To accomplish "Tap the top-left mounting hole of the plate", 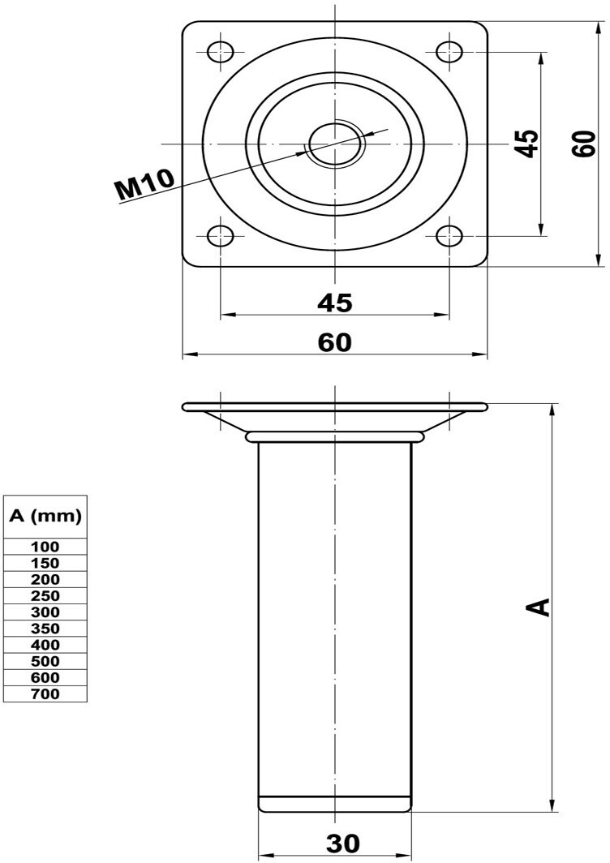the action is point(220,52).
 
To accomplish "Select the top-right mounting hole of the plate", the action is point(449,52).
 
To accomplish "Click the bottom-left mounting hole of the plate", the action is point(220,237).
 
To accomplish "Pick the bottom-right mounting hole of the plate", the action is point(449,237).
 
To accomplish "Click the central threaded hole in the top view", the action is point(335,144).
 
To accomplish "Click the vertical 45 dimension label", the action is point(528,144).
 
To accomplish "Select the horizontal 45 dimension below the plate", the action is point(335,303).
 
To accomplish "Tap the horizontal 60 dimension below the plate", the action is point(335,342).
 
